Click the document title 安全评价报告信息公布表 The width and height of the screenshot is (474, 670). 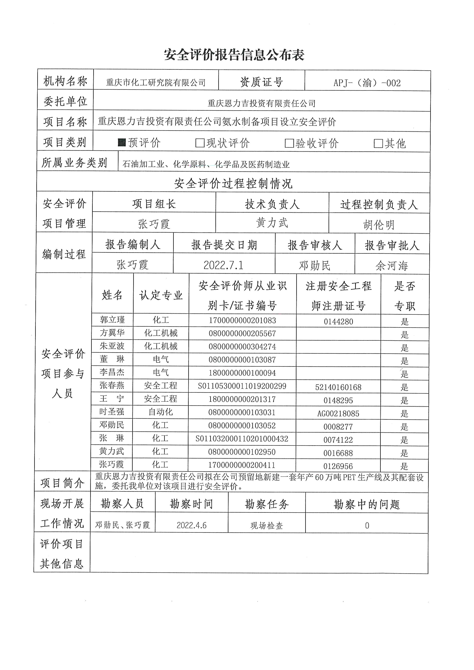[x=234, y=55]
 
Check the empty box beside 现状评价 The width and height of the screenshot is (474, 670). [x=200, y=143]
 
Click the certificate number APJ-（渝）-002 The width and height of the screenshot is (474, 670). [x=367, y=83]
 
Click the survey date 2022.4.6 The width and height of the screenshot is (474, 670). [x=192, y=525]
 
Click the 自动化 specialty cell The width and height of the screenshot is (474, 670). [x=161, y=412]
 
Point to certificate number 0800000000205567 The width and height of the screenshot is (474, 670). [x=242, y=333]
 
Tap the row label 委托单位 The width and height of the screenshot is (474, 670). [x=65, y=101]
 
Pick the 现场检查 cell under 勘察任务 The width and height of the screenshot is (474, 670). [x=267, y=526]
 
